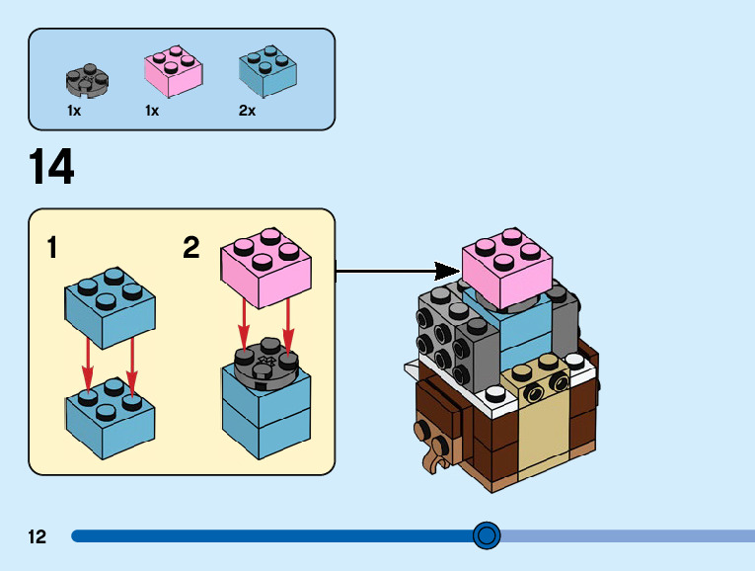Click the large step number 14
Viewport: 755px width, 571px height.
51,168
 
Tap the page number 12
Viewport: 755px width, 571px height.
38,537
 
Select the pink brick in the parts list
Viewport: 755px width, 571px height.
174,72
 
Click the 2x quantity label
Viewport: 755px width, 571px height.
247,112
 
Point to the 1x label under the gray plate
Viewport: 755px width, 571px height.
74,112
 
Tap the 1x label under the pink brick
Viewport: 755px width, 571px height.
152,112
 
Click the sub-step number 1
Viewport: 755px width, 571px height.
51,247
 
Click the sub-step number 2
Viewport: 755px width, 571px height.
191,247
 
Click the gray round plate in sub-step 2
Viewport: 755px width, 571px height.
265,364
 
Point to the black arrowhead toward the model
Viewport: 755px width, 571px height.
447,268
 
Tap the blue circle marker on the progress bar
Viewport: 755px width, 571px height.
486,535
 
